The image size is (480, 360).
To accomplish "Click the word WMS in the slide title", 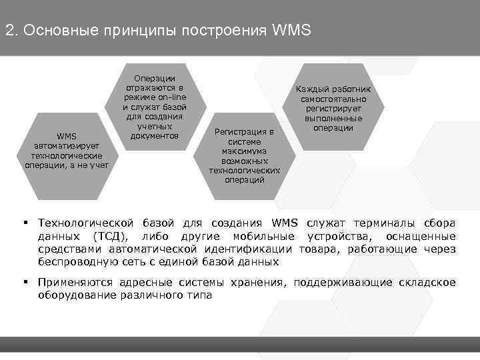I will coord(291,31).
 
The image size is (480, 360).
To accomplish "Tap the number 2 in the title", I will coord(9,31).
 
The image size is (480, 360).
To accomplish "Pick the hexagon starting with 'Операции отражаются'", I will coord(155,107).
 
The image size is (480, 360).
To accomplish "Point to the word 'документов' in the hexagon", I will coord(155,135).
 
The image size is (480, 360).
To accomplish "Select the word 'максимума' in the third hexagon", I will coord(244,151).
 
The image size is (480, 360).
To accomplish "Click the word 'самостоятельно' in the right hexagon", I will coord(333,99).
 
